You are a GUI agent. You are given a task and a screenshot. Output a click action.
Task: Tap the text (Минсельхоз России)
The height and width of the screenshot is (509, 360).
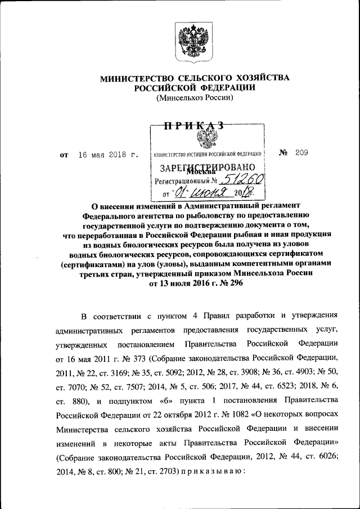point(194,97)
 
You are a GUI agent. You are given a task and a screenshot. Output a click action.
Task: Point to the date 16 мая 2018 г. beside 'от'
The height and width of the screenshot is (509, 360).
point(108,154)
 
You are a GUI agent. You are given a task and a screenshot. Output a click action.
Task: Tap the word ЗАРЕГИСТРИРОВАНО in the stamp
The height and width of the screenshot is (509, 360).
point(208,168)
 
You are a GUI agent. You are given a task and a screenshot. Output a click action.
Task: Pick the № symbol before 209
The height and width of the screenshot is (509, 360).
point(283,153)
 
